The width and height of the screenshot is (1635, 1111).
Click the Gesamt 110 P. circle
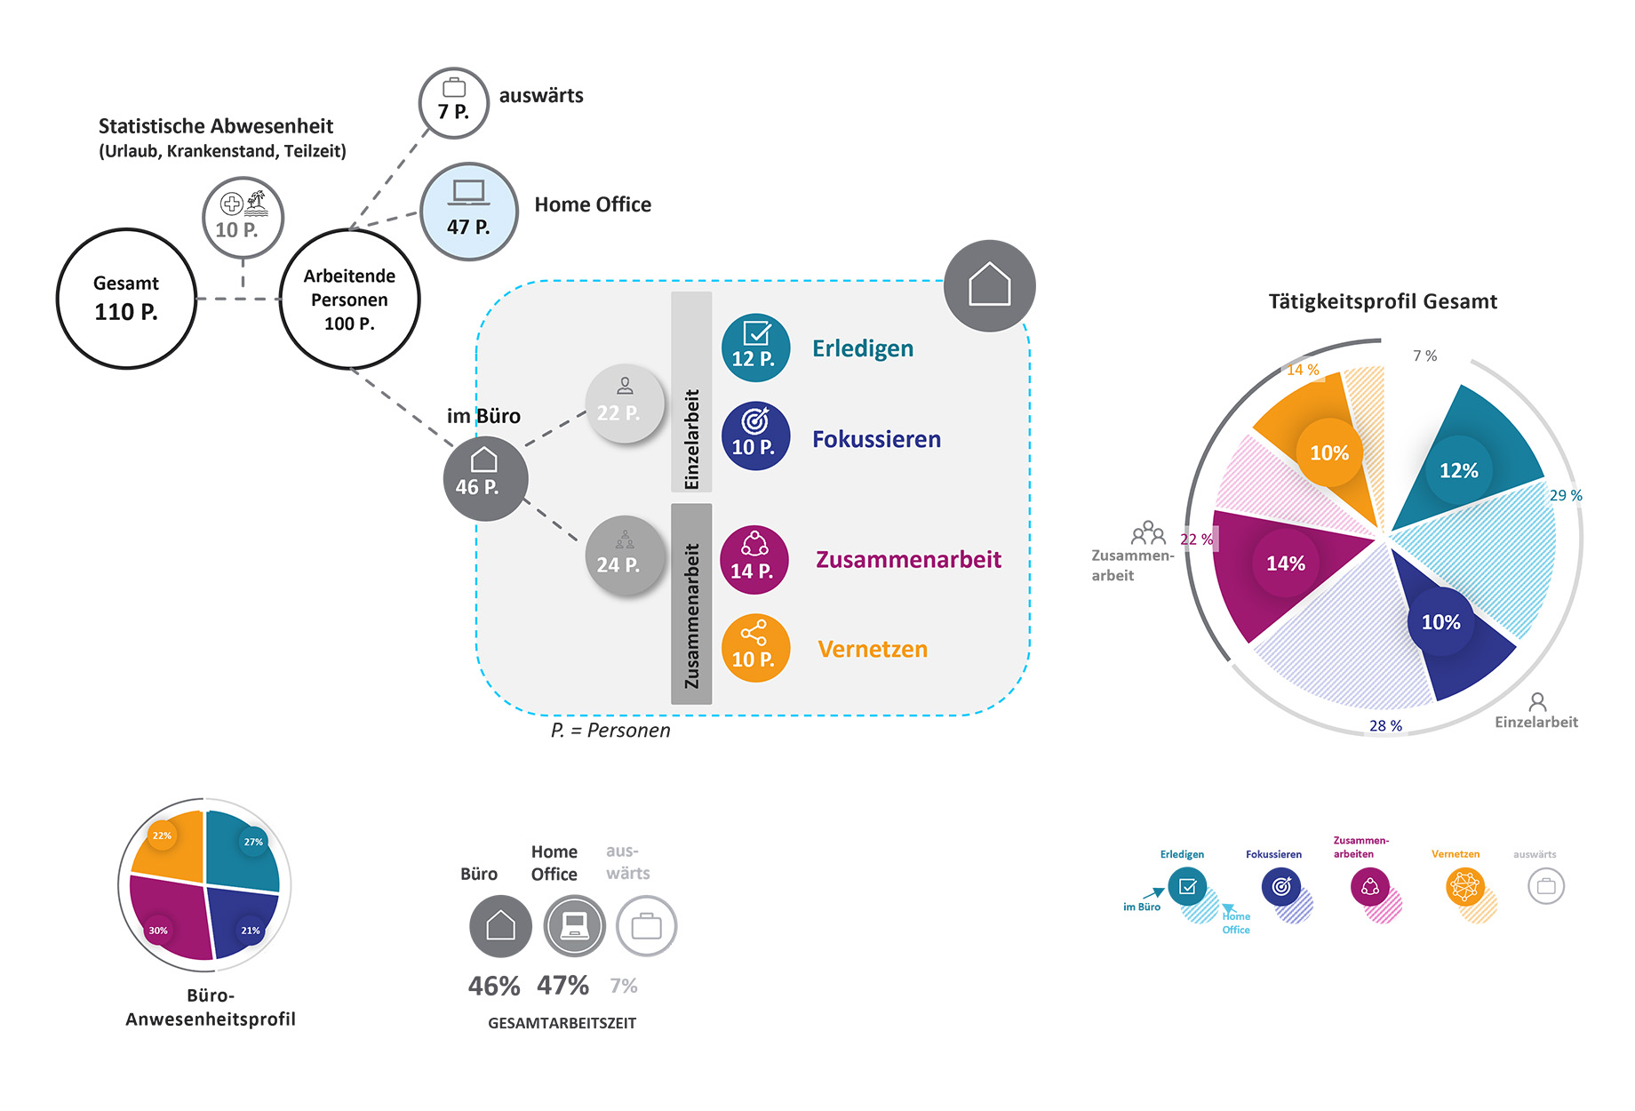[126, 299]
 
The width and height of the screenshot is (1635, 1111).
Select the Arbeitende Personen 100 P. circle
[349, 299]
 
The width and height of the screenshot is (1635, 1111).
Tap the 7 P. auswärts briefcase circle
[454, 103]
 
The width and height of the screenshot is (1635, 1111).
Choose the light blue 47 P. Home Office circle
[468, 212]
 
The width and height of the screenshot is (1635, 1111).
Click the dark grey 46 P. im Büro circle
[485, 479]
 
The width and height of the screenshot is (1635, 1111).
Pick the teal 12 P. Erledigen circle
[755, 348]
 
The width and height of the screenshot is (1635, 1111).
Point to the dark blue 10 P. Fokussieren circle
[755, 436]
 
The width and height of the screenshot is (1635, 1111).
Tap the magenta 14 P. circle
[754, 560]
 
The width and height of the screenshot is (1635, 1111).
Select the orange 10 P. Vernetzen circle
[755, 649]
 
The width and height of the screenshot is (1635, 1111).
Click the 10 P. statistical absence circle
[243, 218]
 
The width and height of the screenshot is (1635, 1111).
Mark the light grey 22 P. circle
[625, 404]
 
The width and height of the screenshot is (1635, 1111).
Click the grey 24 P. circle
[625, 556]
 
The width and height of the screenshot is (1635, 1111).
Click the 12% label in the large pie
[1459, 470]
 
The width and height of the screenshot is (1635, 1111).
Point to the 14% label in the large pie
[1286, 563]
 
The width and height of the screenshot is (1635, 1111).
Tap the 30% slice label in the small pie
[158, 931]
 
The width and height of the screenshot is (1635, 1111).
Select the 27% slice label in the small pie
[254, 842]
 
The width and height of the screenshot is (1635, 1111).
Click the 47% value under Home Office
[563, 985]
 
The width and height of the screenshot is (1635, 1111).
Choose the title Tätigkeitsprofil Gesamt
[1383, 301]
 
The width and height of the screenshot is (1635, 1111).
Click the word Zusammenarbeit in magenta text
[909, 559]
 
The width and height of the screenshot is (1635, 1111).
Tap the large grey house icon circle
[990, 285]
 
